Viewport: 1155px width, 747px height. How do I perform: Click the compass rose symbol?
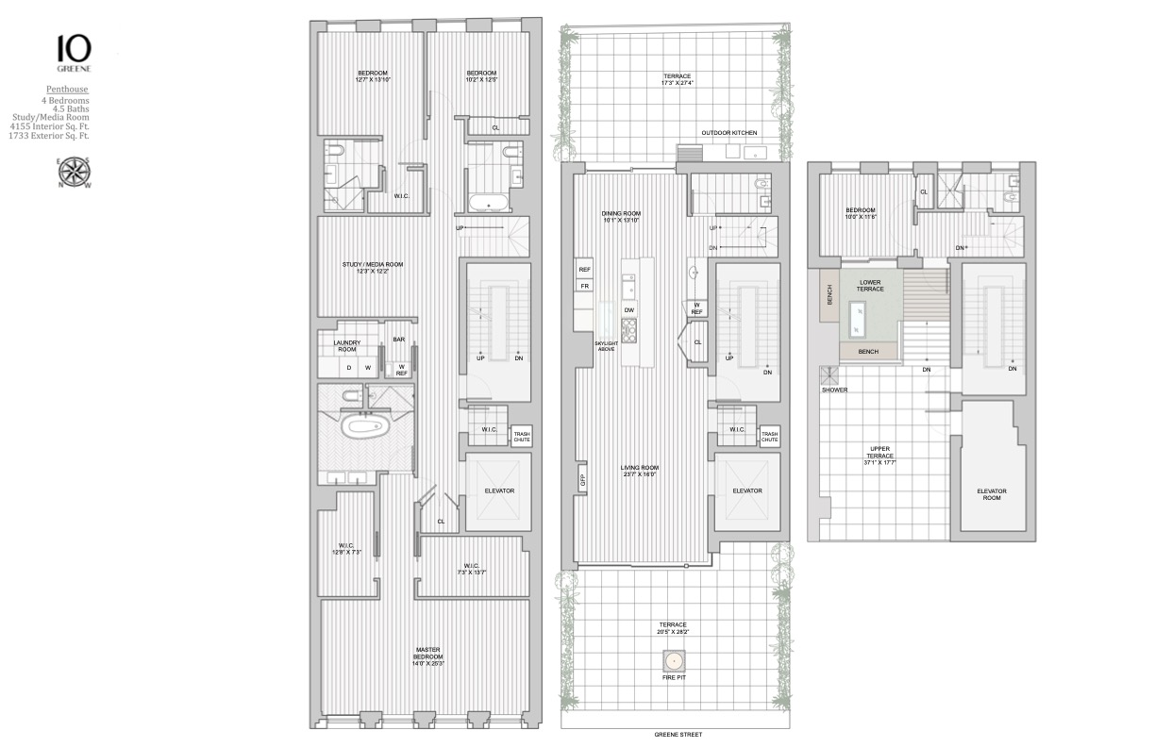tap(74, 173)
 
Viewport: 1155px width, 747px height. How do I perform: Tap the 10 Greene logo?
tap(74, 51)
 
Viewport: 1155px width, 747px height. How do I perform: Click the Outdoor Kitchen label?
tap(726, 133)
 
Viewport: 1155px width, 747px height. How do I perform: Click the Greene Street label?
tap(678, 735)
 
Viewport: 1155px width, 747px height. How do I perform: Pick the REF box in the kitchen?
tap(584, 270)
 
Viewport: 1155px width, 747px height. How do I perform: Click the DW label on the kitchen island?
tap(629, 309)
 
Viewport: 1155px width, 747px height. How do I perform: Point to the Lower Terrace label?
tap(871, 285)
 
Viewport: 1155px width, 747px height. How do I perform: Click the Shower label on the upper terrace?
tap(833, 389)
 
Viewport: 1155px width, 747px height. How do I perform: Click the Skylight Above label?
tap(606, 346)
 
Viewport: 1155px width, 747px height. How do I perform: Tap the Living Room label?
tap(639, 470)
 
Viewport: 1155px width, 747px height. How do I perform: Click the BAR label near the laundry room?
tap(399, 340)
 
